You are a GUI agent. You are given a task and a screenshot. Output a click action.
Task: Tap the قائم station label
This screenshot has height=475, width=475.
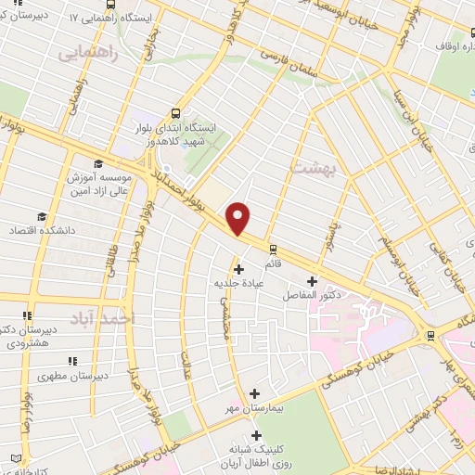(274, 263)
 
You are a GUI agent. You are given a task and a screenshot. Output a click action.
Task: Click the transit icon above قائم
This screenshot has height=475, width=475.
(273, 249)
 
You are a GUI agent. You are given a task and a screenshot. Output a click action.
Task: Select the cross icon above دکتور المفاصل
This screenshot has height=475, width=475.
(312, 281)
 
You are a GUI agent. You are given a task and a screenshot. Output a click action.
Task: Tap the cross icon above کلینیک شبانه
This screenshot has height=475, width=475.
(255, 434)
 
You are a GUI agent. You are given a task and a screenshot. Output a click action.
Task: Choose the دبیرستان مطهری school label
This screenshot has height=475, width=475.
(68, 378)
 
